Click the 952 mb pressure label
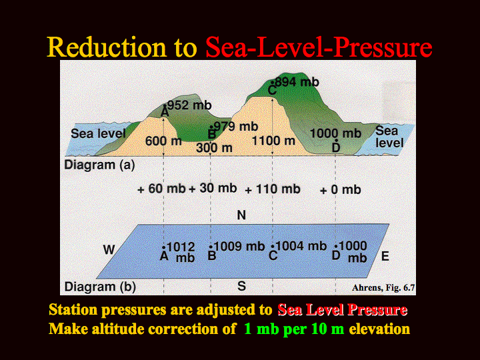189,105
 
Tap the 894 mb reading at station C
297,82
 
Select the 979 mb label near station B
236,126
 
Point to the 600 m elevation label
163,141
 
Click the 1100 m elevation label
273,141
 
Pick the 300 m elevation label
214,148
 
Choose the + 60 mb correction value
161,189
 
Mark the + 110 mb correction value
273,189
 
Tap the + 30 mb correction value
213,188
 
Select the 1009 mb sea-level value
239,246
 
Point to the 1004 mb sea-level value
301,246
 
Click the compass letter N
241,215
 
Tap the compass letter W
109,250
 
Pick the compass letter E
385,256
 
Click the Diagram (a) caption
99,165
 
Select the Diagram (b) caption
100,287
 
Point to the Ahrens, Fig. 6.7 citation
383,288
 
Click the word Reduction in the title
107,47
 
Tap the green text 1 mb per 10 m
294,329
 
